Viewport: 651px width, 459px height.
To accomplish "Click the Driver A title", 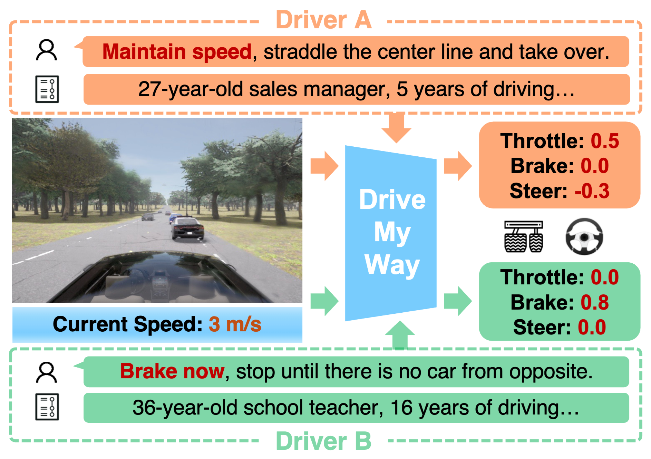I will click(323, 20).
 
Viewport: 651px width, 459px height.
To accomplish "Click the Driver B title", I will click(323, 441).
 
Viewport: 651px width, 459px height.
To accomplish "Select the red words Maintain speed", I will click(177, 52).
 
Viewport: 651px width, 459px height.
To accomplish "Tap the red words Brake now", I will click(172, 371).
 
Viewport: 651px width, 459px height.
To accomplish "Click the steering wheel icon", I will click(584, 237).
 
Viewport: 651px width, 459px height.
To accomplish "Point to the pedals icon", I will click(523, 237).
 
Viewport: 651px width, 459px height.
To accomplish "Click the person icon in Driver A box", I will click(46, 50).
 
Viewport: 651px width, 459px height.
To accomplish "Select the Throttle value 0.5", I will click(605, 141).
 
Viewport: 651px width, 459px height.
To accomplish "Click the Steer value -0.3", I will click(592, 191).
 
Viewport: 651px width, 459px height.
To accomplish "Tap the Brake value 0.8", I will click(594, 302).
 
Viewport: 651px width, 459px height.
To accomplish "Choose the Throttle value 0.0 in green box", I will click(605, 277).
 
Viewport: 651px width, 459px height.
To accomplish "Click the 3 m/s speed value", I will click(235, 324).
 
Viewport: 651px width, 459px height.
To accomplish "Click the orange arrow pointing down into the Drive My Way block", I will click(396, 128).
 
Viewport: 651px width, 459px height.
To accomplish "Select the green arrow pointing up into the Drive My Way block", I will click(400, 335).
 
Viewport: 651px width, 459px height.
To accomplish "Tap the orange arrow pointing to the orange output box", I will click(457, 166).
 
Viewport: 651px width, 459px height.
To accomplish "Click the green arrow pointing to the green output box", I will click(457, 301).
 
